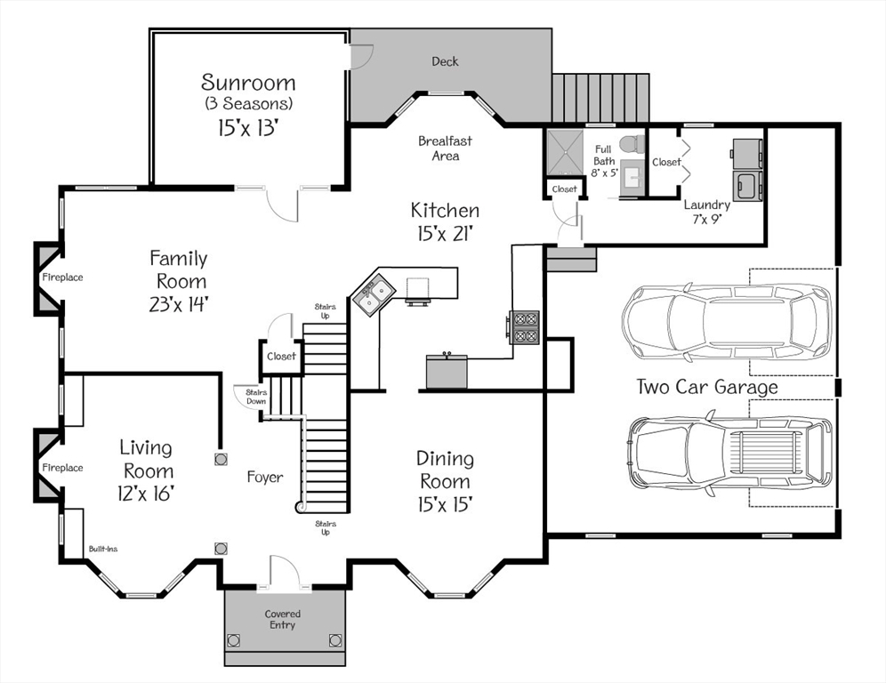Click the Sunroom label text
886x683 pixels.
pyautogui.click(x=248, y=83)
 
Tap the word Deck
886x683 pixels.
pyautogui.click(x=445, y=61)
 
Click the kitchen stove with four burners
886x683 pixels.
pyautogui.click(x=523, y=325)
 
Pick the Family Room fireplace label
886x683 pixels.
pyautogui.click(x=62, y=277)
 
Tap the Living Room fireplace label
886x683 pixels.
pyautogui.click(x=62, y=468)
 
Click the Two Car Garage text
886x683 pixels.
pyautogui.click(x=706, y=387)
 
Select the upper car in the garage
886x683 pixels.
pyautogui.click(x=726, y=320)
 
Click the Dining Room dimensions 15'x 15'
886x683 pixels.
pyautogui.click(x=445, y=503)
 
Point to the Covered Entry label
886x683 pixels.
pyautogui.click(x=283, y=620)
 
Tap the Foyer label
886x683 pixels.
pyautogui.click(x=265, y=478)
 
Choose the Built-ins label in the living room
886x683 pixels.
pyautogui.click(x=103, y=549)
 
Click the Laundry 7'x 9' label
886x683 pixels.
pyautogui.click(x=707, y=213)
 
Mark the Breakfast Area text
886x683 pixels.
pyautogui.click(x=445, y=148)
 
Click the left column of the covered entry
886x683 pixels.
pyautogui.click(x=234, y=639)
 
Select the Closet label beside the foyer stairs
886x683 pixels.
pyautogui.click(x=281, y=356)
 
